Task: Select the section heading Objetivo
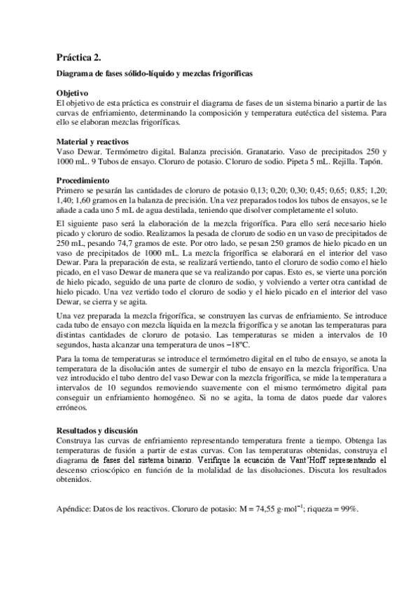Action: click(x=72, y=92)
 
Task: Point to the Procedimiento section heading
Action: click(x=84, y=179)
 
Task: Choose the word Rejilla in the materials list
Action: click(x=337, y=160)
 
